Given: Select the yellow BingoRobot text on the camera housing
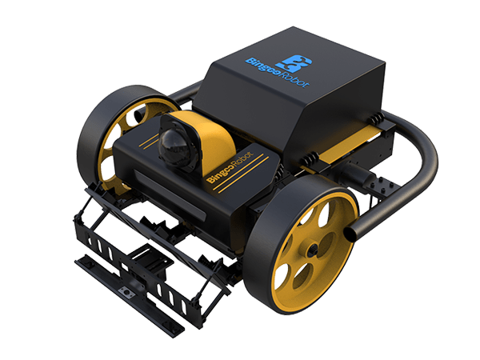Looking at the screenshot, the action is [230, 167].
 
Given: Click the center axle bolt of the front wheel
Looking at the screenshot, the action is [313, 250].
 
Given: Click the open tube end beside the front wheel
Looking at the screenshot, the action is [350, 234].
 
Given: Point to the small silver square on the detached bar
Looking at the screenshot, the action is [126, 291].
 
